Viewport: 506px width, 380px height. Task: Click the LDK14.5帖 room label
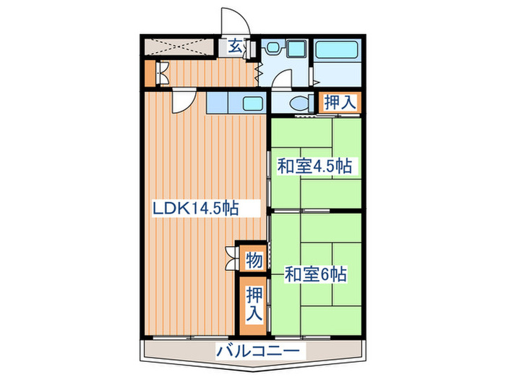point(195,208)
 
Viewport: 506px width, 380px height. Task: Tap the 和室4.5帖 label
point(314,166)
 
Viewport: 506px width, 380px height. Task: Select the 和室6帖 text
point(315,274)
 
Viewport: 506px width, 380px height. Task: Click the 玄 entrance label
point(235,47)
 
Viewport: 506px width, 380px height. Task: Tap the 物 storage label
point(253,258)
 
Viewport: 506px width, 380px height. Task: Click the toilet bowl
point(301,103)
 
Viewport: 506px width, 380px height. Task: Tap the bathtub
point(338,51)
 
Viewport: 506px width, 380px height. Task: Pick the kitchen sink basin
point(252,103)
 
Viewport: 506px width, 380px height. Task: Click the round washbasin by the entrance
point(273,48)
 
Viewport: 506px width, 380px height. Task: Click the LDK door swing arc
point(181,102)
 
